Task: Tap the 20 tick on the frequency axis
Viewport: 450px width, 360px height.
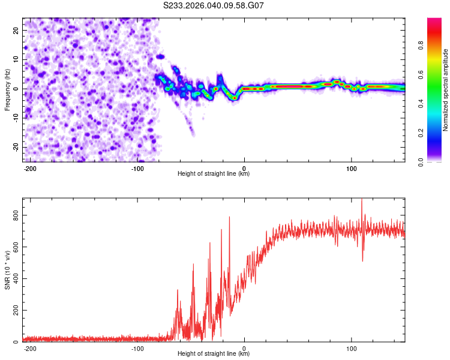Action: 16,30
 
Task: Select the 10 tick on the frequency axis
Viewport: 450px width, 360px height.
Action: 16,59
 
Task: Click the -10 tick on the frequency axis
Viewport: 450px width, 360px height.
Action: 15,118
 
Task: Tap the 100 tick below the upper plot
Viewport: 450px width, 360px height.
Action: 351,168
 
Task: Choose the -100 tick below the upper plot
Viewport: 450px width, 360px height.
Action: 137,168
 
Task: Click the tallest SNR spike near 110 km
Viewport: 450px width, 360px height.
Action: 361,200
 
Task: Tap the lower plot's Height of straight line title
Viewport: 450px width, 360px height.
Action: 214,354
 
